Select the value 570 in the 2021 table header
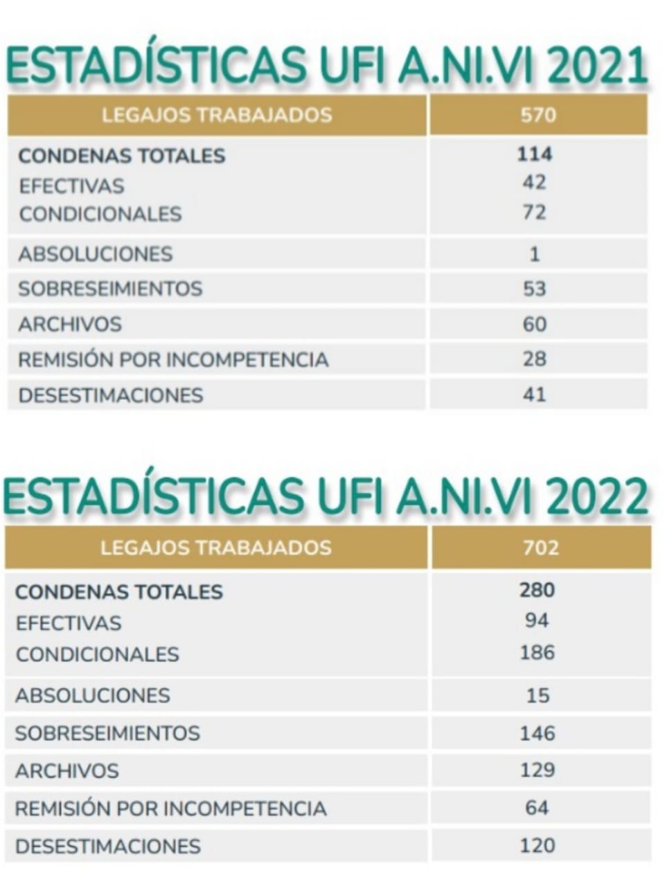coord(538,114)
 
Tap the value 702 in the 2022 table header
coord(540,548)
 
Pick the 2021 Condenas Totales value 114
coord(535,154)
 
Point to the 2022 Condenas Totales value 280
coord(538,590)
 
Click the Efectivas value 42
coord(534,183)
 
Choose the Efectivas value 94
coord(537,620)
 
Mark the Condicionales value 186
coord(538,652)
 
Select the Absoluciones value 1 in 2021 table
coord(534,254)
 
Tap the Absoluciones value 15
coord(538,695)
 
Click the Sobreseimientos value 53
coord(534,289)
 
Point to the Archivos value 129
coord(538,770)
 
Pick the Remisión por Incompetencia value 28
coord(535,359)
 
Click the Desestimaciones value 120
coord(538,845)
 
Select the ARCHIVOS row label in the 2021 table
coord(70,324)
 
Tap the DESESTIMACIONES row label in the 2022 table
coord(108,846)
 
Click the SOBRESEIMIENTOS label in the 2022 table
coord(107,733)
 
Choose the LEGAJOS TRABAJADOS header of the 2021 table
coord(217,114)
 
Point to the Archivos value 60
coord(535,324)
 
